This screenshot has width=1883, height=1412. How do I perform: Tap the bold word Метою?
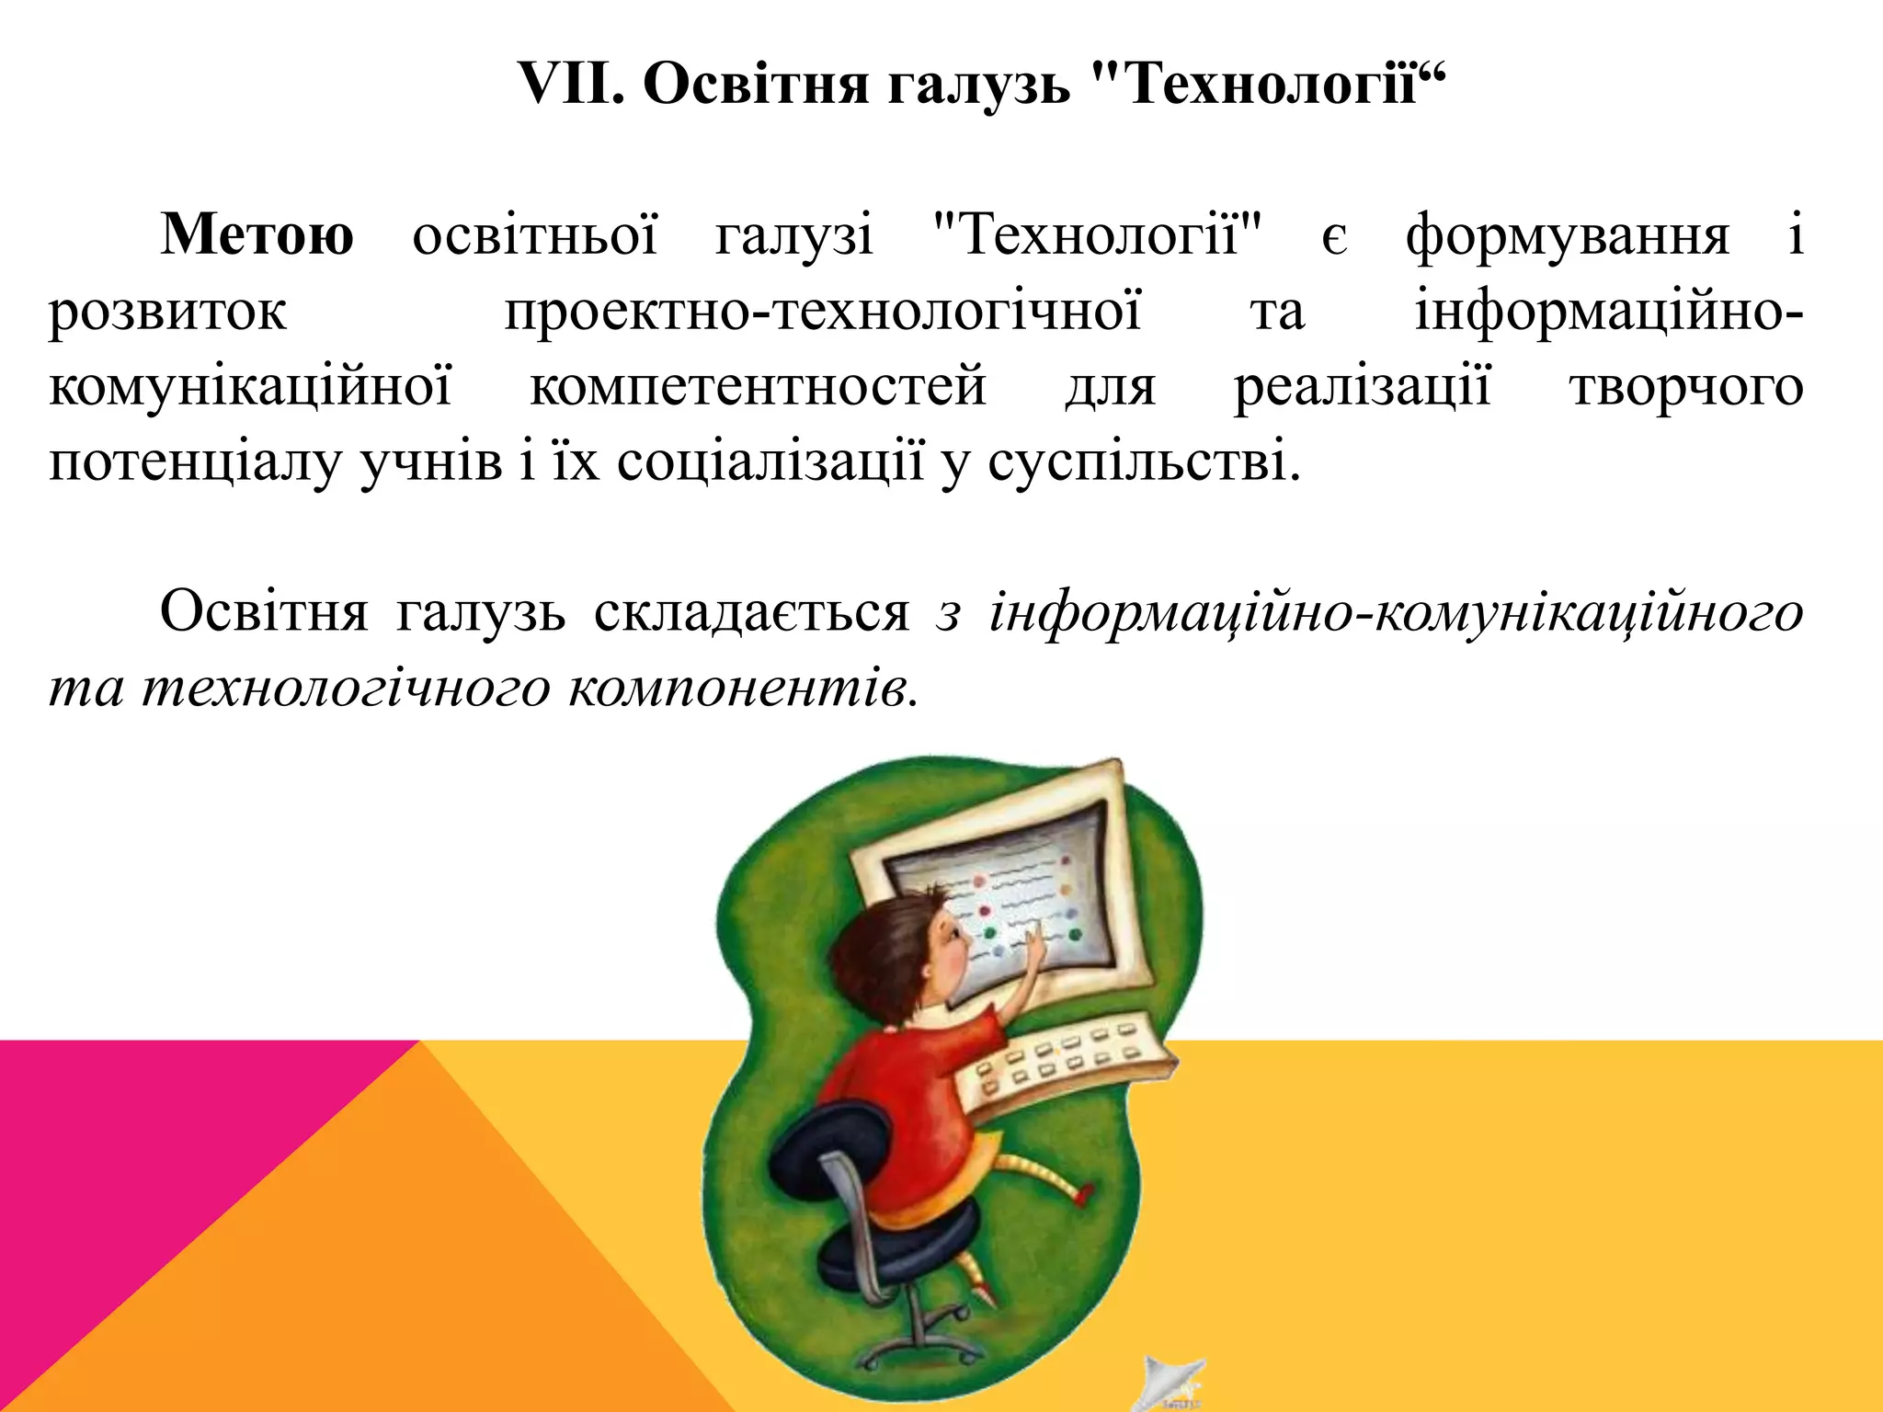(x=257, y=235)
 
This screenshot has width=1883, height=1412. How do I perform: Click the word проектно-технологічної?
(x=823, y=311)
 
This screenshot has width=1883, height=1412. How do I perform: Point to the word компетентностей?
(x=759, y=386)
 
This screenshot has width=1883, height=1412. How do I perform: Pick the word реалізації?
(x=1362, y=386)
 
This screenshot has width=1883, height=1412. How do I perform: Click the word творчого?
(x=1686, y=386)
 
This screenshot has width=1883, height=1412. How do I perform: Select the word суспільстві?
(x=1144, y=461)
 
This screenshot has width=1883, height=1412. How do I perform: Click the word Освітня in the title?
(x=755, y=84)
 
